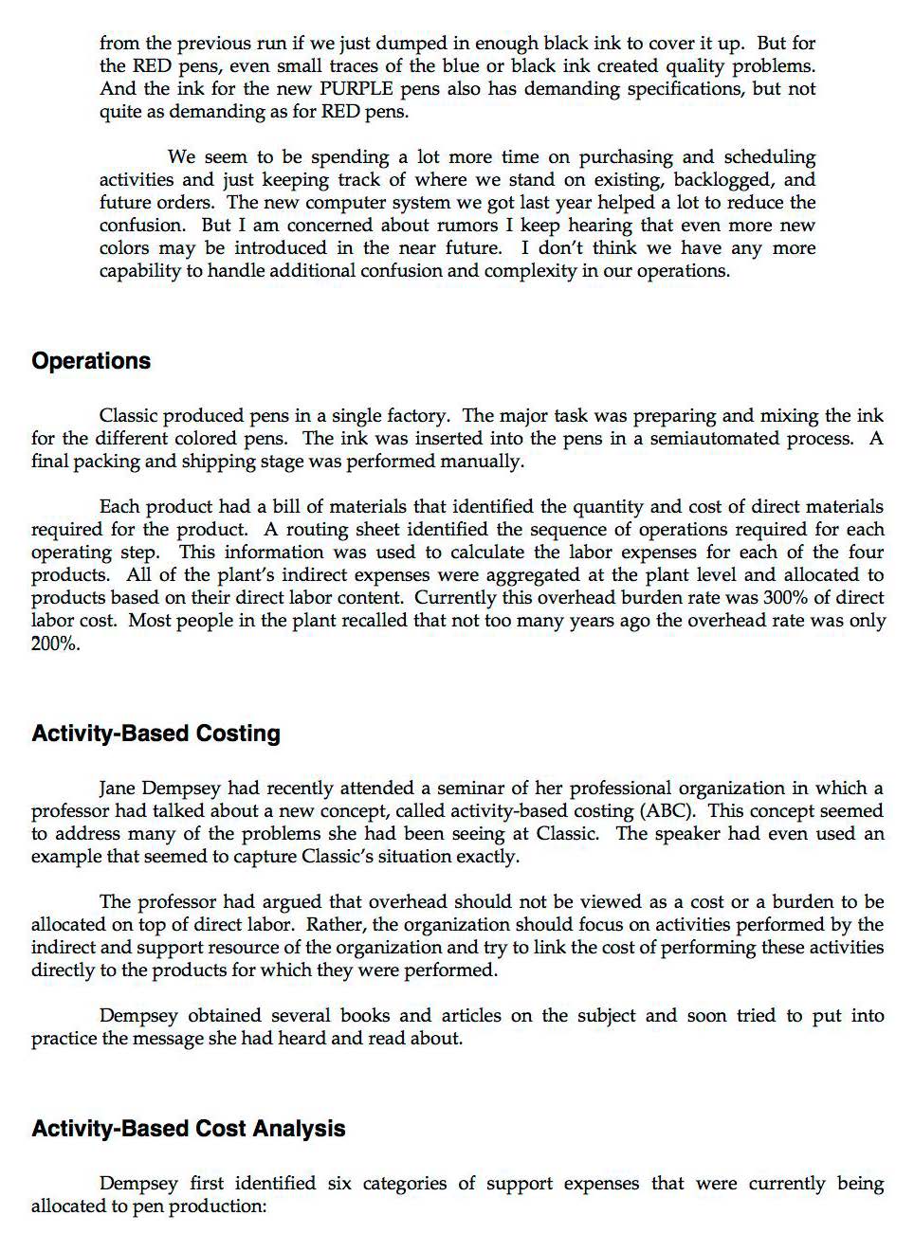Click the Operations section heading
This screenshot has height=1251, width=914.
[91, 361]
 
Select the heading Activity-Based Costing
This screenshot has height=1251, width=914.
[155, 734]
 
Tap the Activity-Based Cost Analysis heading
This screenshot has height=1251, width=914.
[188, 1129]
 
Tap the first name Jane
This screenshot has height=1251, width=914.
[119, 789]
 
